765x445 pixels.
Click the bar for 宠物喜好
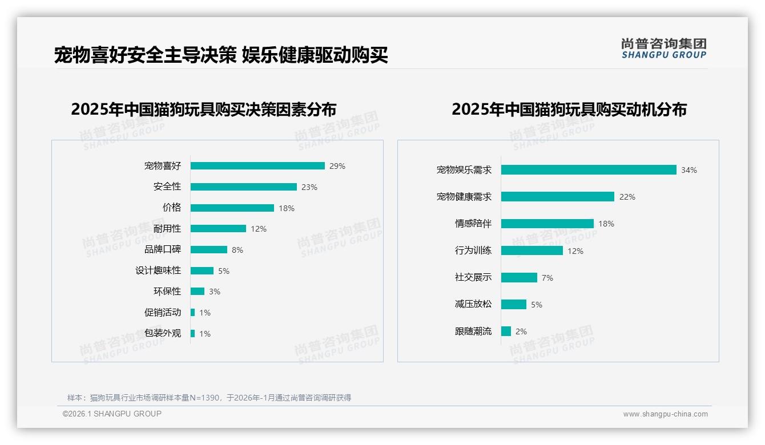[x=257, y=166]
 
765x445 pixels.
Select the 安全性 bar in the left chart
[x=244, y=187]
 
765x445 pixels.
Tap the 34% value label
[x=688, y=170]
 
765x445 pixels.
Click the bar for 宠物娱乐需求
[x=589, y=170]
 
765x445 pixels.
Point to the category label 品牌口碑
[x=163, y=249]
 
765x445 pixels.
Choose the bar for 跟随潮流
[x=506, y=331]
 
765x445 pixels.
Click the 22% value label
[x=627, y=197]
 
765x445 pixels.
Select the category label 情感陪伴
[x=473, y=224]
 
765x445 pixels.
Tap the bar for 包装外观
[x=193, y=333]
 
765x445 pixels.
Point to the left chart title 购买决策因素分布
[x=204, y=109]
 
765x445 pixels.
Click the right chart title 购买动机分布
[x=569, y=109]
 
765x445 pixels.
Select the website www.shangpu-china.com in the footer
[x=665, y=414]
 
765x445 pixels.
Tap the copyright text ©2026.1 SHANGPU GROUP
[x=112, y=414]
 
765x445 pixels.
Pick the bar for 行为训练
[x=532, y=250]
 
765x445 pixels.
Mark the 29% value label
[x=337, y=167]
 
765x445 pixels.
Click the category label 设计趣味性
[x=158, y=270]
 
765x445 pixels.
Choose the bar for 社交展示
[x=519, y=277]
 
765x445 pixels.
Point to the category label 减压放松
[x=473, y=304]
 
